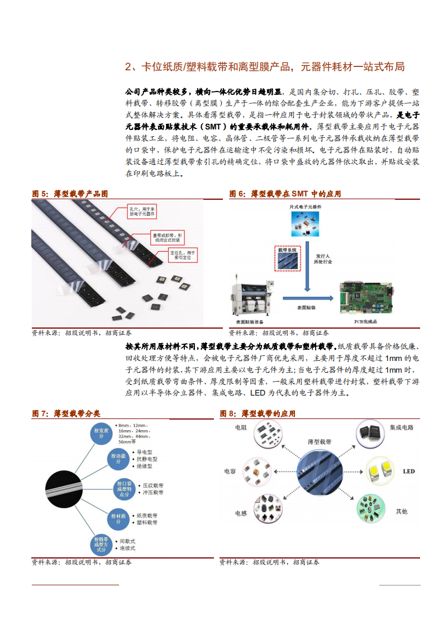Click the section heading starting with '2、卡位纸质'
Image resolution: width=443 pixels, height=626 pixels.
(x=264, y=68)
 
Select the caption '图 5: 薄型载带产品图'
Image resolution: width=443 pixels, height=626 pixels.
(x=70, y=194)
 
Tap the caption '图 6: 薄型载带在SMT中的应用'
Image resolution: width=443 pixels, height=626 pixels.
(x=285, y=194)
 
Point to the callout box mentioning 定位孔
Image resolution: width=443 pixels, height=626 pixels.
(x=183, y=256)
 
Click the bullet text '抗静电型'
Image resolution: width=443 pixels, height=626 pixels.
(x=148, y=459)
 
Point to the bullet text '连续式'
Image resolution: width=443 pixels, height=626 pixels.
(x=127, y=548)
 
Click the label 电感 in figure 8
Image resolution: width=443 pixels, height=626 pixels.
(x=241, y=513)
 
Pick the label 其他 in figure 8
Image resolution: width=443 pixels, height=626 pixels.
(x=401, y=511)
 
